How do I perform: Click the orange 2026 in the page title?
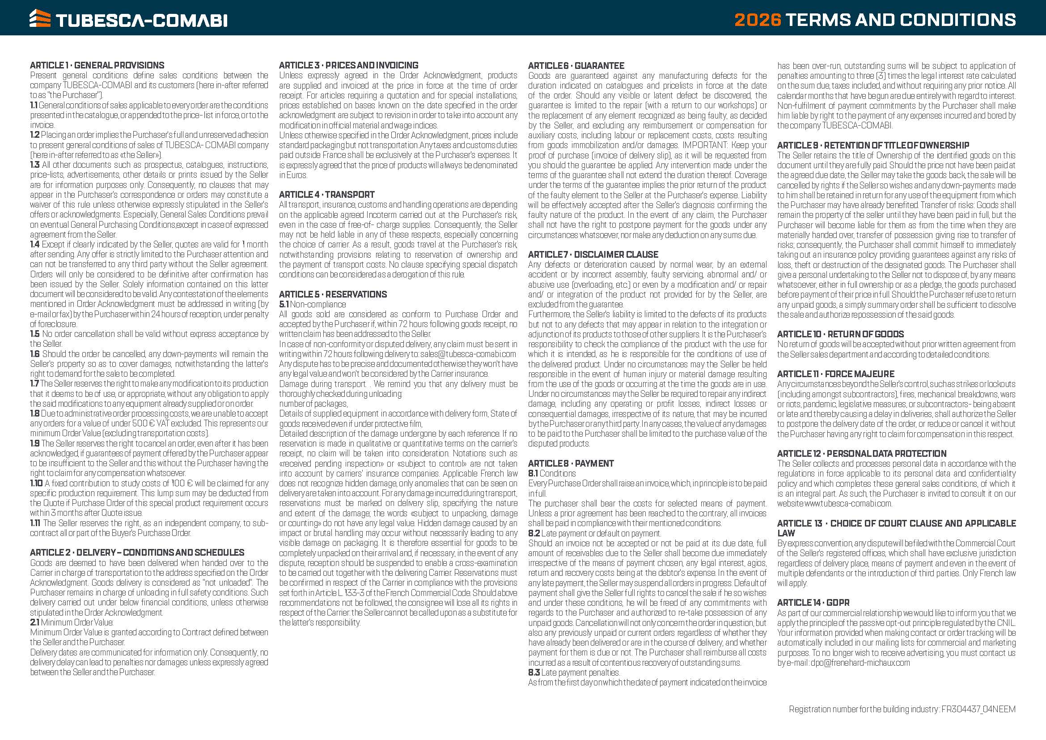[758, 20]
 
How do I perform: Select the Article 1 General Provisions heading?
[97, 65]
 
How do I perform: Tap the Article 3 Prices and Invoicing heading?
[348, 65]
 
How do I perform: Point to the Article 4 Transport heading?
[326, 195]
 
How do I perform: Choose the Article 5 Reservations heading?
[333, 294]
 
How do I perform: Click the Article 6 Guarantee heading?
[576, 66]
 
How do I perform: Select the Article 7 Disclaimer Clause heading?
[593, 255]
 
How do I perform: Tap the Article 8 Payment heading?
[571, 464]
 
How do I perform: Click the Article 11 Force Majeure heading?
[835, 374]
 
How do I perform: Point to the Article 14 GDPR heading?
[813, 602]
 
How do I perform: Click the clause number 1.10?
[36, 483]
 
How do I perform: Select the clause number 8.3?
[534, 672]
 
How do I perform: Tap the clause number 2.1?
[34, 622]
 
